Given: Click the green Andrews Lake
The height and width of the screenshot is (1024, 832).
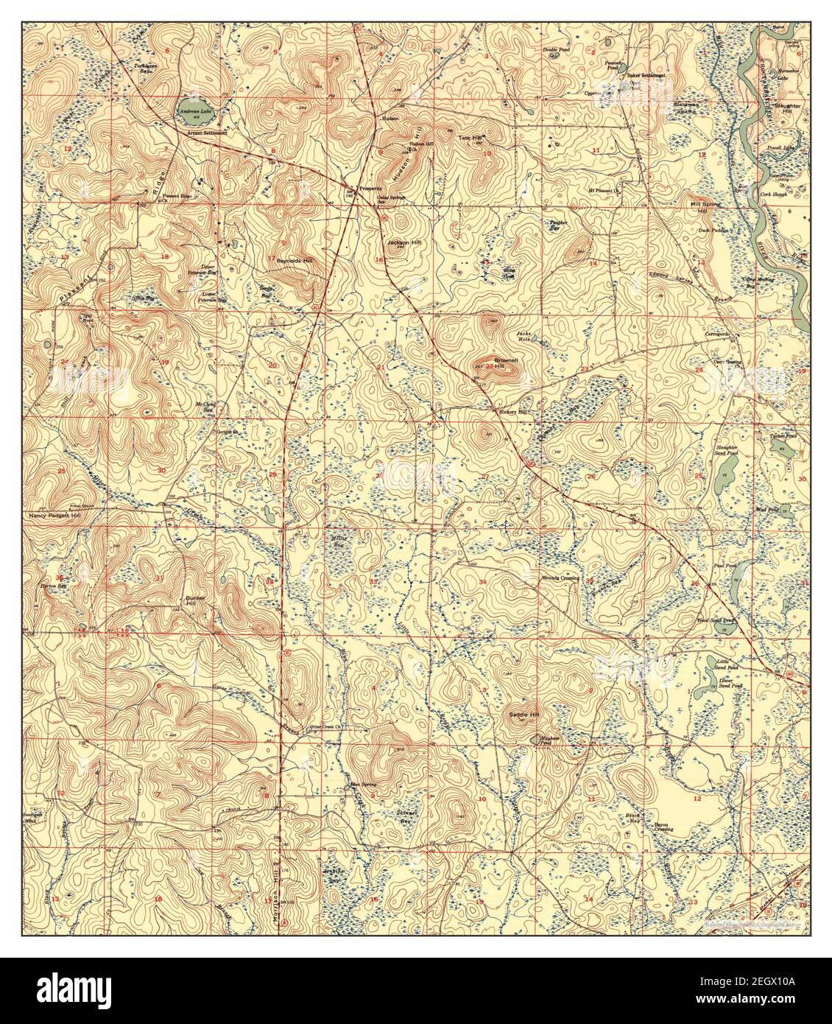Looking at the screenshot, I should (x=192, y=113).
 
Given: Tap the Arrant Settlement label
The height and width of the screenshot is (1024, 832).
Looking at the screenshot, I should (x=207, y=133).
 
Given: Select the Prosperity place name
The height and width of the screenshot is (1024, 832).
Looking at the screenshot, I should (x=369, y=188).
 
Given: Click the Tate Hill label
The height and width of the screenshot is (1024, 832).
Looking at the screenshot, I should (x=470, y=138).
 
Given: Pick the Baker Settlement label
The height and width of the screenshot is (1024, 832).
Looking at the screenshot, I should (x=646, y=76).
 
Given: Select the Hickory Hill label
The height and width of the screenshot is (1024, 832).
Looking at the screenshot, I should (x=514, y=412).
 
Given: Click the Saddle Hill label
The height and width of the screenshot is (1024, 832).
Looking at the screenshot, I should (x=524, y=715).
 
